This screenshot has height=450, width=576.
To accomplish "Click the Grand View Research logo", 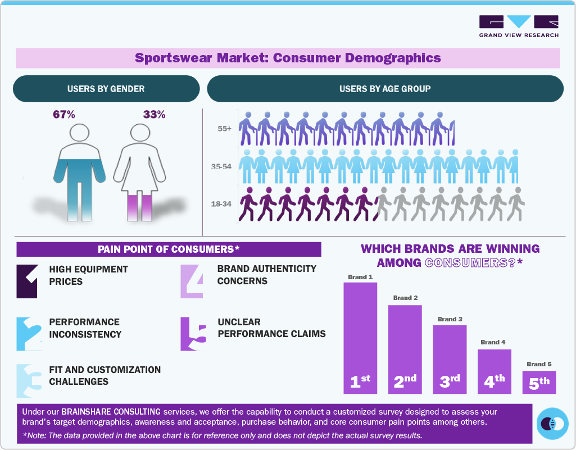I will (x=519, y=26).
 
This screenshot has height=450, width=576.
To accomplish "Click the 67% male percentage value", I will (x=64, y=115).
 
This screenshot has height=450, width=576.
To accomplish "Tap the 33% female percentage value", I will (x=154, y=115).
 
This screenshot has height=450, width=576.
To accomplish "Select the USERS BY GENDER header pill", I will (x=106, y=89).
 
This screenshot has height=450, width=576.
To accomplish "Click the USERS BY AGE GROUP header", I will (x=385, y=89).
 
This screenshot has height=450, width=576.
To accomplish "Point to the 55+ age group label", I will (x=225, y=129).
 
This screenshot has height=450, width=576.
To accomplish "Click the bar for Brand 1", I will (x=360, y=337).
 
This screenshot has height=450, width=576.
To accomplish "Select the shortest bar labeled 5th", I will (x=539, y=382).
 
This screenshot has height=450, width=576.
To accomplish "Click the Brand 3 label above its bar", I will (x=450, y=319).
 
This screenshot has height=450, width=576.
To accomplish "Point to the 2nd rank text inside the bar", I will (x=405, y=381).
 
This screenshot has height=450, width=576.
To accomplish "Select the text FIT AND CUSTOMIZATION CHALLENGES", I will (x=105, y=375).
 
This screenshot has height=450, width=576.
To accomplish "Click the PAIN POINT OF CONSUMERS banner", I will (x=169, y=249).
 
